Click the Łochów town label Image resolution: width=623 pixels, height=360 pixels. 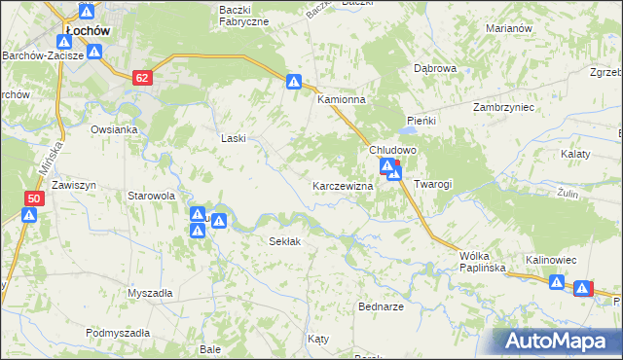(x=87, y=31)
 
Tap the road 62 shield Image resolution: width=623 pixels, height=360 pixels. (x=143, y=77)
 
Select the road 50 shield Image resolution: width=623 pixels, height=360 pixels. (x=34, y=198)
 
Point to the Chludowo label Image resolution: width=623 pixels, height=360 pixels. (x=392, y=151)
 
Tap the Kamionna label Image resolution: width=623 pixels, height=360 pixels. (x=341, y=100)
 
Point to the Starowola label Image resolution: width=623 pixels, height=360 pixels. (x=151, y=196)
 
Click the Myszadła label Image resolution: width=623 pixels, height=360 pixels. (x=150, y=293)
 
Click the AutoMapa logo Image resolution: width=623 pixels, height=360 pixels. (x=558, y=342)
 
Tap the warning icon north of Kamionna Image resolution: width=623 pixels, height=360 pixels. (x=293, y=84)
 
